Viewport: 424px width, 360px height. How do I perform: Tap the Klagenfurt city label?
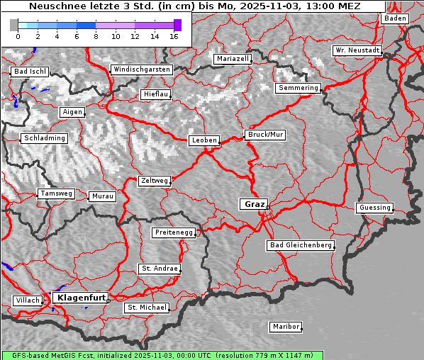[x=81, y=298]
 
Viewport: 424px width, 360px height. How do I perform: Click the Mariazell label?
[x=233, y=59]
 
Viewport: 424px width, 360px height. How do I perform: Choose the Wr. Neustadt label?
[x=357, y=51]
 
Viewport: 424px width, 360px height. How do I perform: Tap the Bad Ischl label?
[x=30, y=72]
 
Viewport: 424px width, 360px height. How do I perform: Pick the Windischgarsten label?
[x=141, y=69]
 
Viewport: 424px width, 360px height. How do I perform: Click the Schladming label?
[x=44, y=138]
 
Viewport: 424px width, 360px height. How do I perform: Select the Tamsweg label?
[x=56, y=193]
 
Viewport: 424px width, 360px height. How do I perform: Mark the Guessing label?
[x=374, y=208]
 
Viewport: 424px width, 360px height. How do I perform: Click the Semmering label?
[x=298, y=88]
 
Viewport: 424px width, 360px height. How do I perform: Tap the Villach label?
[x=27, y=300]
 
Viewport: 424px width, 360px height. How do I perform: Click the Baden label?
[x=395, y=18]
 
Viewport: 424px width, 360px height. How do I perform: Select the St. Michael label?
[x=147, y=308]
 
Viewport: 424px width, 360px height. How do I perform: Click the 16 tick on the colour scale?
[x=174, y=36]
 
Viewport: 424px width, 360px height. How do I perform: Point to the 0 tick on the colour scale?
[x=18, y=36]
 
